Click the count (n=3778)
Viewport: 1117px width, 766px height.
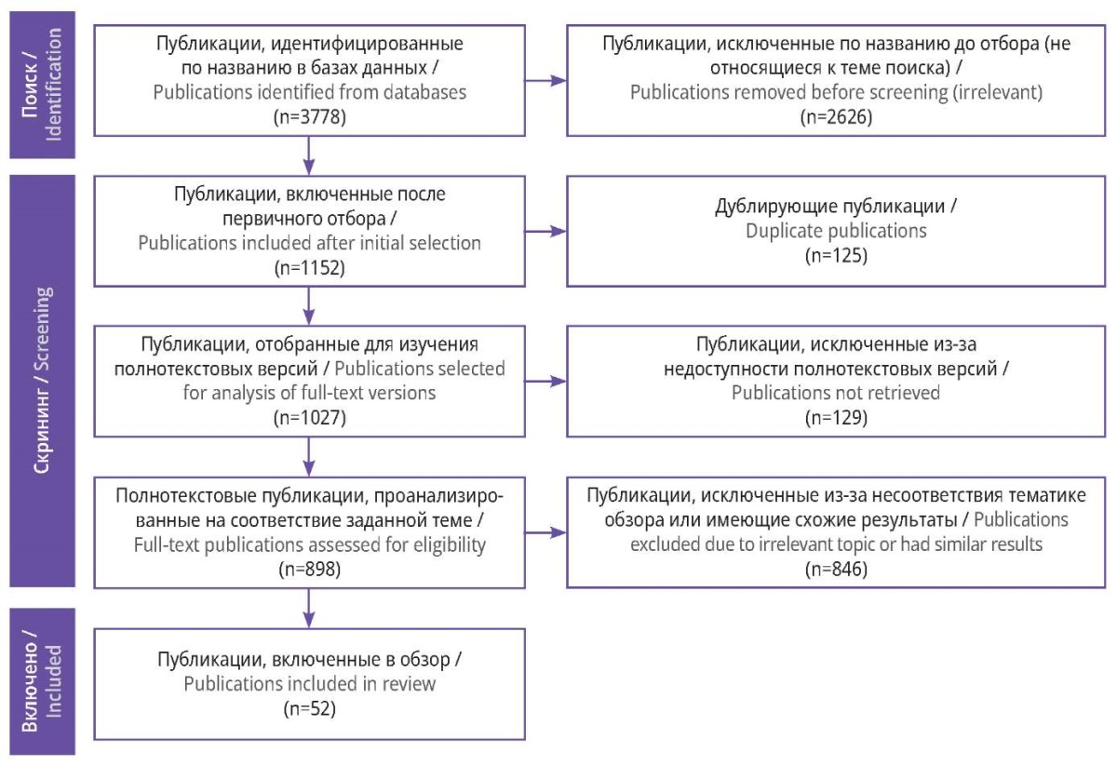coord(310,117)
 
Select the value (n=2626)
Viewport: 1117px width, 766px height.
coord(836,117)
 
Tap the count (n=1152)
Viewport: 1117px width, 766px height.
coord(310,268)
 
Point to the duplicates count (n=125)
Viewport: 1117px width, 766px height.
coord(836,255)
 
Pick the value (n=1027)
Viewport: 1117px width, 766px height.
coord(310,417)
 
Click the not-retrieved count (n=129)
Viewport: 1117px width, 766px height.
coord(836,417)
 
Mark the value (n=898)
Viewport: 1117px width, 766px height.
coord(310,569)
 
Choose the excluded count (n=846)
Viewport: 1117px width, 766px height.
coord(836,569)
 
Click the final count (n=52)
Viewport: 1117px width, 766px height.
coord(310,708)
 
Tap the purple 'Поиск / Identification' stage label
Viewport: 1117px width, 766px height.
coord(43,85)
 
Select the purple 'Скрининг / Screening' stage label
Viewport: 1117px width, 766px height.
coord(43,381)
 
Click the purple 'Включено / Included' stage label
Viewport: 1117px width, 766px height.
coord(43,681)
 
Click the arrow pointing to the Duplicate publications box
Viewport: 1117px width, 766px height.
coord(545,232)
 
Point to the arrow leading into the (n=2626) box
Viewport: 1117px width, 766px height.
coord(545,80)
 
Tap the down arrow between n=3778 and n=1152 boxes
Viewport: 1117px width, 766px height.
coord(309,155)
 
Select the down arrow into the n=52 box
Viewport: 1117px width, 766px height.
coord(309,609)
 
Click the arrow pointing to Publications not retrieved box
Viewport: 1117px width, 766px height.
coord(545,382)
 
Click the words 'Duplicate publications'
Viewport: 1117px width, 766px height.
coord(836,231)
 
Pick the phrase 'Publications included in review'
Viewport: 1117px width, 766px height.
coord(310,684)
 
